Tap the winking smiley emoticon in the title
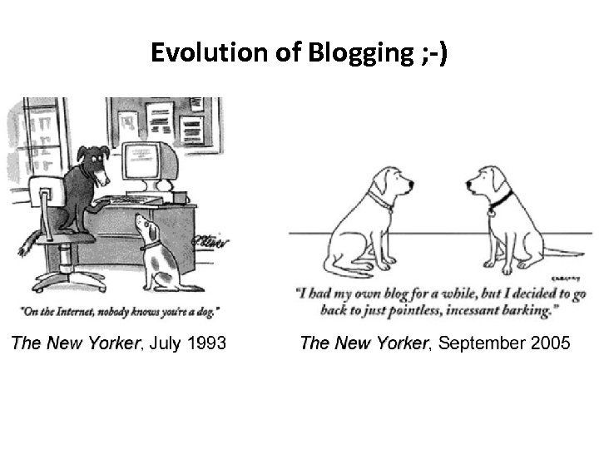434,54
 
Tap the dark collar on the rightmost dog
500,200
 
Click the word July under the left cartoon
163,343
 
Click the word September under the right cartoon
471,343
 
